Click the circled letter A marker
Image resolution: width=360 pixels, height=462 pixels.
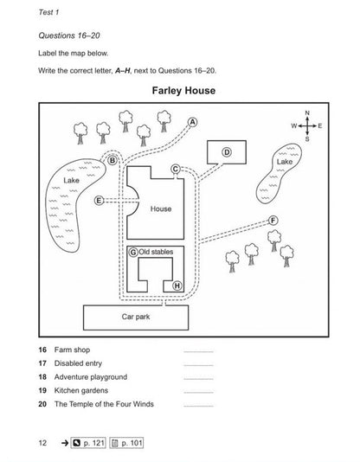click(192, 122)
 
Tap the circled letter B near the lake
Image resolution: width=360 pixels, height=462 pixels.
click(112, 161)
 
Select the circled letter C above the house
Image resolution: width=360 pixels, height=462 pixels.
click(176, 169)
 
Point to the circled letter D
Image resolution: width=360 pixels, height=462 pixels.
click(227, 152)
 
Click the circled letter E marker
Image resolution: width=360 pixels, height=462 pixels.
click(99, 201)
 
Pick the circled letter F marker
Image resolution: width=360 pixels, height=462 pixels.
click(273, 221)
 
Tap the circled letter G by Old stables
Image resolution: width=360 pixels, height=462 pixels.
click(133, 253)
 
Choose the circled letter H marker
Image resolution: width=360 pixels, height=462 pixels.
click(177, 286)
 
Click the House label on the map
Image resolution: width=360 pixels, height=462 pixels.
click(161, 209)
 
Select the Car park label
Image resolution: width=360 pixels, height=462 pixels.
click(136, 317)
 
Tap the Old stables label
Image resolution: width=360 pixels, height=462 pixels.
click(156, 252)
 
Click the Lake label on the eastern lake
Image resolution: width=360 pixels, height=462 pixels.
click(285, 162)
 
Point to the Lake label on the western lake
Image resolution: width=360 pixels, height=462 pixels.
click(71, 180)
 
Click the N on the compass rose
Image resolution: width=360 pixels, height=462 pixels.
click(307, 112)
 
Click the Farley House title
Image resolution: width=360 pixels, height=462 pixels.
click(183, 91)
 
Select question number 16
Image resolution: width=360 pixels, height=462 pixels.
click(42, 350)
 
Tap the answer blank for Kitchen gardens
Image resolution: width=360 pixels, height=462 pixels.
click(198, 393)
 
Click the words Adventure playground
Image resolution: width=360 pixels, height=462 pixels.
click(91, 377)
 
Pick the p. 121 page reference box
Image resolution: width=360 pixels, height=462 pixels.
click(88, 443)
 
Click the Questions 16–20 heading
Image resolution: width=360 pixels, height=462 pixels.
click(69, 35)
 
